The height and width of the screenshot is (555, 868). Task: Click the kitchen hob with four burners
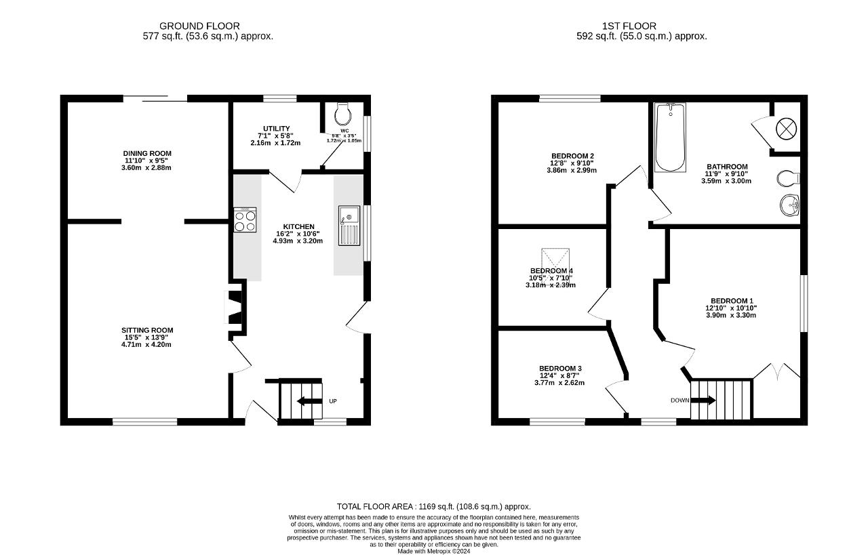click(245, 220)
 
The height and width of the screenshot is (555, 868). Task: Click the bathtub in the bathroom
click(670, 137)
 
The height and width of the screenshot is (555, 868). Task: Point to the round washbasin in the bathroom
click(789, 205)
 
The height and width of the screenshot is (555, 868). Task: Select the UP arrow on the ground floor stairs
click(310, 400)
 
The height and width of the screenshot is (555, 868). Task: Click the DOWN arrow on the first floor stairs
click(703, 400)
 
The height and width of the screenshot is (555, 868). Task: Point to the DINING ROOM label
click(146, 154)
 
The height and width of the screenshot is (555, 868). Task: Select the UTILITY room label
click(276, 129)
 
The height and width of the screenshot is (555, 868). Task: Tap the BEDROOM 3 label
click(560, 369)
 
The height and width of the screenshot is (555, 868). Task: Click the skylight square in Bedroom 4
click(555, 260)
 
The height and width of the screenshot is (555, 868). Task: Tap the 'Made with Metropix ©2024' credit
click(433, 551)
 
